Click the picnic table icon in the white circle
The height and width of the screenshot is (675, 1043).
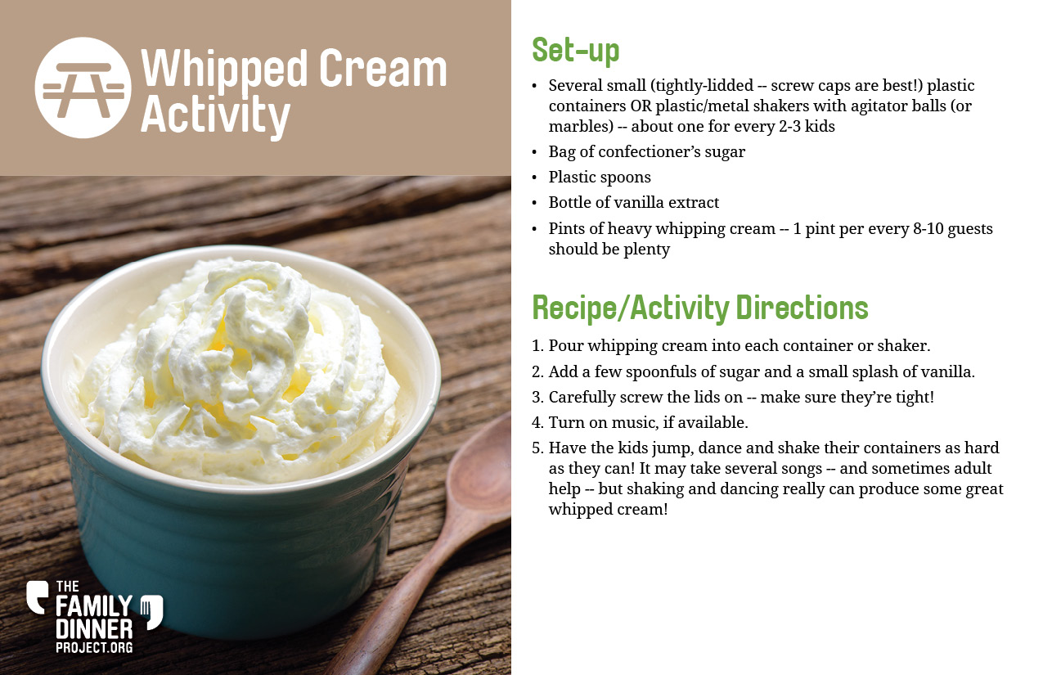coord(83,88)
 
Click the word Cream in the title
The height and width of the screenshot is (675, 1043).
coord(383,69)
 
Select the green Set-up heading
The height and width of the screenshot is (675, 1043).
coord(576,51)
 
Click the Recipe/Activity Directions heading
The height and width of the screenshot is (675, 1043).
coord(700,308)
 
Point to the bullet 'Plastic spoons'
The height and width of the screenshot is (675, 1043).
coord(600,177)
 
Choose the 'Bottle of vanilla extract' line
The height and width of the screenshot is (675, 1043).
coord(633,203)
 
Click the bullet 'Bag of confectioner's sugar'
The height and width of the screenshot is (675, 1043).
coord(647,152)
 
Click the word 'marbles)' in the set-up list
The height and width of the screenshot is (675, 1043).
coord(581,127)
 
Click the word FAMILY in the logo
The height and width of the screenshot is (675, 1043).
coord(94,607)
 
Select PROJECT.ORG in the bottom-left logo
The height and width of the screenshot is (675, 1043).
coord(94,647)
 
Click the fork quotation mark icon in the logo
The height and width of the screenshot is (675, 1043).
coord(152,612)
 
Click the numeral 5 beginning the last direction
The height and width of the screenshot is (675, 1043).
coord(537,448)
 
